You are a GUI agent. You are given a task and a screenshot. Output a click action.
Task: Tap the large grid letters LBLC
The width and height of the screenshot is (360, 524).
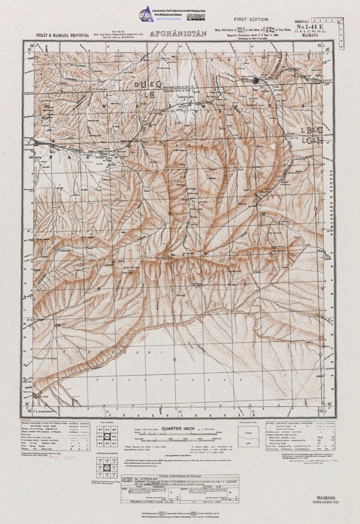coord(312,130)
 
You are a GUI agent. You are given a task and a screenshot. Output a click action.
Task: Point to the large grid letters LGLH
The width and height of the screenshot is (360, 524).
coord(312,140)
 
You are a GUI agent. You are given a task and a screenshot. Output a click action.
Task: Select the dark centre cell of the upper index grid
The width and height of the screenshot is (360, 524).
coord(108,436)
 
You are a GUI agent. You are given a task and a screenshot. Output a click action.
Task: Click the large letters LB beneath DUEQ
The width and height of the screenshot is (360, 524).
coord(148,94)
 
